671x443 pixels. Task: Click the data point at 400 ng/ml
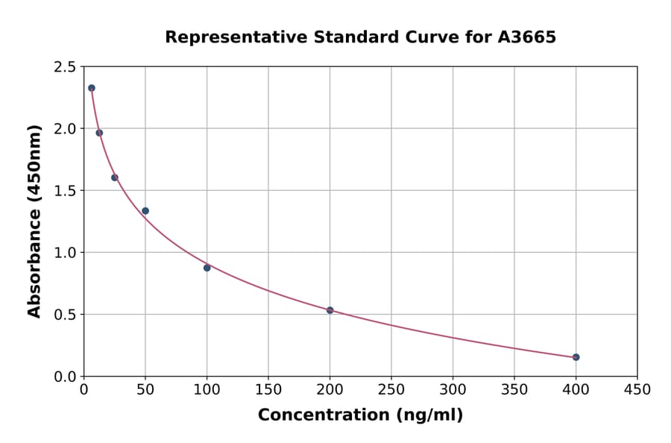(576, 357)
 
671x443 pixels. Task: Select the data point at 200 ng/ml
(330, 310)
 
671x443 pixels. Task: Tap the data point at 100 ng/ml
(207, 268)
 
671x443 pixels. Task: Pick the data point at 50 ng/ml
(145, 211)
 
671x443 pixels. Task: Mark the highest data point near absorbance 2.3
(92, 88)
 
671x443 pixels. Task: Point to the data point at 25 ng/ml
(115, 177)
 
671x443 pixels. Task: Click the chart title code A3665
(527, 37)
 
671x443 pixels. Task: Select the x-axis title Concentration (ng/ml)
(360, 415)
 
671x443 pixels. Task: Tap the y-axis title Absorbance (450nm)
(34, 221)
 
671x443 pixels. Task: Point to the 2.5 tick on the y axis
(64, 67)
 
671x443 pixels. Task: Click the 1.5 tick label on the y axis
(64, 191)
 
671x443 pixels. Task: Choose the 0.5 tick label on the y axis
(64, 315)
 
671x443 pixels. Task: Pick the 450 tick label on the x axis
(637, 389)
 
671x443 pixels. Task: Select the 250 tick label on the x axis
(391, 389)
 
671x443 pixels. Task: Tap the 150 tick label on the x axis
(268, 389)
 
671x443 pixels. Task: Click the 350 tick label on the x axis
(514, 389)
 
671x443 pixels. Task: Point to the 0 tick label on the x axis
(84, 389)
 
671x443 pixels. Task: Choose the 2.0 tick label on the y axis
(64, 129)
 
